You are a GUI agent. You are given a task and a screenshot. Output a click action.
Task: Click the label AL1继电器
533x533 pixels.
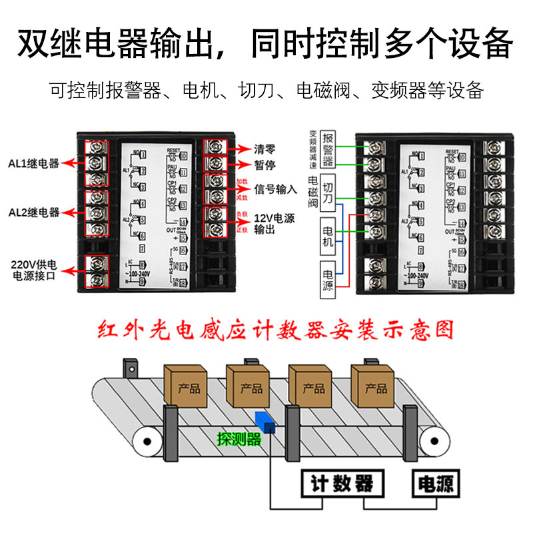coord(34,162)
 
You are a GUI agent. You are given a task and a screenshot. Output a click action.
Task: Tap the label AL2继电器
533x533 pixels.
coord(34,213)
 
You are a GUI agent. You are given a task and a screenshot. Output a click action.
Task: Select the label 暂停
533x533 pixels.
coord(265,165)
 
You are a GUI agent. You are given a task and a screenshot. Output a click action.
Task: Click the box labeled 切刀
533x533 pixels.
coord(328,188)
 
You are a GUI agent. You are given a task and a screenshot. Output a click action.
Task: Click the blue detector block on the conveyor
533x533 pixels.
coord(265,421)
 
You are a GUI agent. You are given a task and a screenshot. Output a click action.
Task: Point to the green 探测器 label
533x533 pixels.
coord(239,439)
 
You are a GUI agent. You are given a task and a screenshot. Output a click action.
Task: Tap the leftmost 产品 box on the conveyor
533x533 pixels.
coord(189,386)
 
